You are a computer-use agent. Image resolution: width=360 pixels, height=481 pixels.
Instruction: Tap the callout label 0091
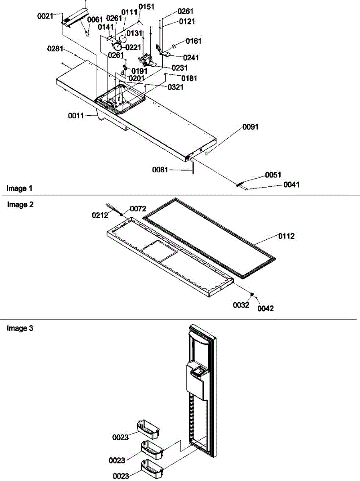pos(251,127)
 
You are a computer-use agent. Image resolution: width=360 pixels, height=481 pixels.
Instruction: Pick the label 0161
pos(193,41)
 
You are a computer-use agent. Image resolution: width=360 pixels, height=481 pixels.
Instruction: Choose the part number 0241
pos(191,57)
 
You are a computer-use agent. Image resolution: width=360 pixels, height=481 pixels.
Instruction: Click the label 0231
pos(180,68)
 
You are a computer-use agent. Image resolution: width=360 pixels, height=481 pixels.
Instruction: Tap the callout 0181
pos(189,79)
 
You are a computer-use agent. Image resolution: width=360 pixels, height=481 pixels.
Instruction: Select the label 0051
pos(273,175)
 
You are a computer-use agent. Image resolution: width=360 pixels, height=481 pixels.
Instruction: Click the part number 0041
pos(291,184)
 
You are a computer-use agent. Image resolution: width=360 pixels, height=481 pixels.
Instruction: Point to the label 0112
pos(287,236)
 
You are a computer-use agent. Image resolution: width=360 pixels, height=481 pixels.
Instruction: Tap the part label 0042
pos(265,308)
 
